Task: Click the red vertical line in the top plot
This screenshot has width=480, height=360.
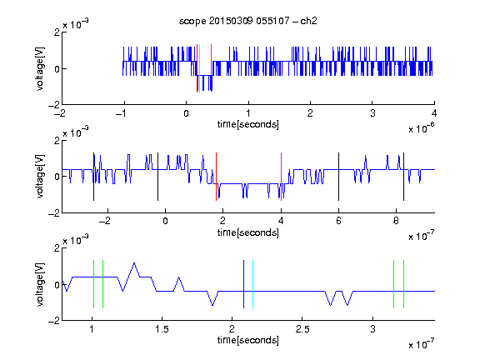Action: pos(197,68)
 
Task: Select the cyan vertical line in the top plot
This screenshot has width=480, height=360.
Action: pos(200,68)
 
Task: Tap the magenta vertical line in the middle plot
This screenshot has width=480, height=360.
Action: pos(282,177)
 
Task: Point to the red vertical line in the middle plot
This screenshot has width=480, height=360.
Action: pos(216,177)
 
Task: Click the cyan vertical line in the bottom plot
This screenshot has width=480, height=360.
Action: pos(252,284)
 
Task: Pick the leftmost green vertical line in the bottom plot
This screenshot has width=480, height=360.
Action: pos(93,284)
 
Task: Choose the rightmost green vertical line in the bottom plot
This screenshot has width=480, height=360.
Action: pos(404,284)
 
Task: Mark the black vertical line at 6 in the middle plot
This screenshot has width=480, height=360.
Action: pos(338,177)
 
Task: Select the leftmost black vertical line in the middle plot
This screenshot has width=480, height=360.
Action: pos(93,177)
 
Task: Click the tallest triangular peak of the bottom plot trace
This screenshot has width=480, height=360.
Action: pos(134,263)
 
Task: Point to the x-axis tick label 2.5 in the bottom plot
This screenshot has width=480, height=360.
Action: pos(302,329)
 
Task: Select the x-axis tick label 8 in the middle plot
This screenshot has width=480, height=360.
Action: pos(396,221)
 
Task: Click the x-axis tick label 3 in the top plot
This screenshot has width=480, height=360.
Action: pos(372,113)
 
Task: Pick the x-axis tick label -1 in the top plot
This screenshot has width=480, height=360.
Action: pos(122,113)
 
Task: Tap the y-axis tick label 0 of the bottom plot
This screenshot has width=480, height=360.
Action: pos(57,285)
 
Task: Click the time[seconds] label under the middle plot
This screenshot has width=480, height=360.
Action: pos(248,232)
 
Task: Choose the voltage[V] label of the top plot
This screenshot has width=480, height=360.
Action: pos(40,68)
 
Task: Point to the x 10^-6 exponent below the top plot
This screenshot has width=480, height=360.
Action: pos(422,128)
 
